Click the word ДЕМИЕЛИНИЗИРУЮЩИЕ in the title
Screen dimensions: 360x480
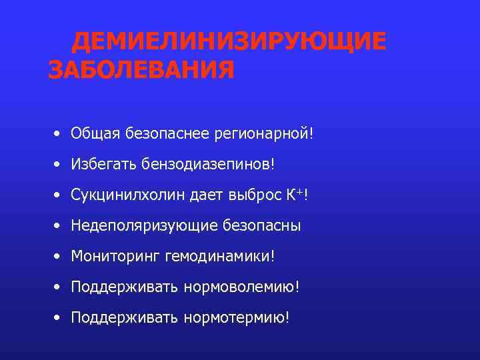click(229, 42)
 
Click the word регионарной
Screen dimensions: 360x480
click(261, 133)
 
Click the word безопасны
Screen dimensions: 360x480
click(260, 226)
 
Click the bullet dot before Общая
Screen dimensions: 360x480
click(59, 133)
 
